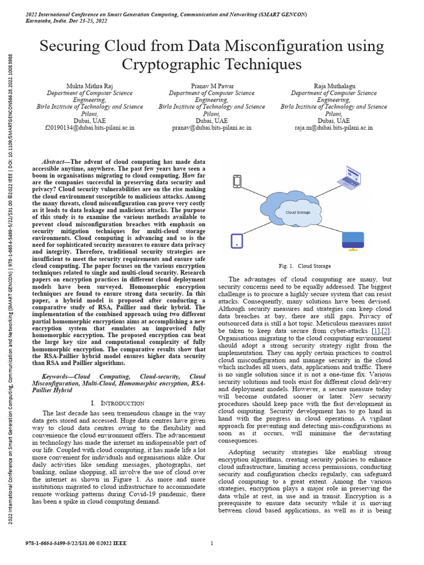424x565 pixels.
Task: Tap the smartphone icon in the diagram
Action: point(237,181)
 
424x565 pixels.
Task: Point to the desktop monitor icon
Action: point(353,241)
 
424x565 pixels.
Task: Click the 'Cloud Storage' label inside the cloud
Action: point(298,212)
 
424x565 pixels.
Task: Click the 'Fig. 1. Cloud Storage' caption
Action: point(305,266)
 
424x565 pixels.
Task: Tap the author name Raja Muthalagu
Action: point(333,86)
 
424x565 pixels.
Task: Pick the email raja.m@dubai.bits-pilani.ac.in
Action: point(333,127)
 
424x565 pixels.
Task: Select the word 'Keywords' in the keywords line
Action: point(57,376)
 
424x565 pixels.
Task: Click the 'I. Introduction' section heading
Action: point(117,403)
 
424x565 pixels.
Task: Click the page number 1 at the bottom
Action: point(212,543)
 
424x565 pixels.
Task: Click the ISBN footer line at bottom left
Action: point(76,543)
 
